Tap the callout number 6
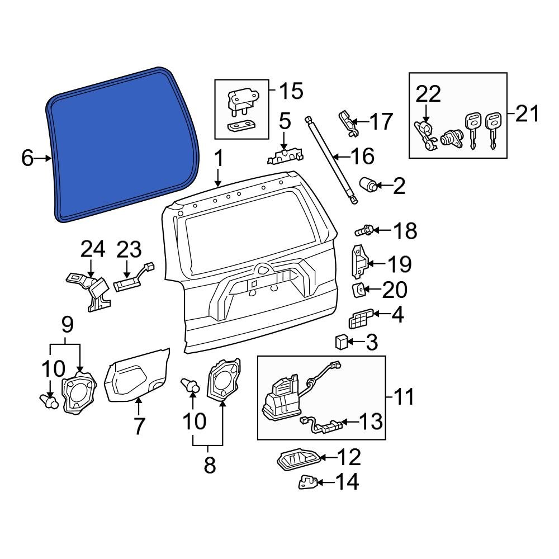pyautogui.click(x=27, y=159)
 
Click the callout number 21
pyautogui.click(x=527, y=114)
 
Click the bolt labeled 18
pyautogui.click(x=363, y=229)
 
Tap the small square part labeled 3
pyautogui.click(x=341, y=340)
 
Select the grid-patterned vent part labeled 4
pyautogui.click(x=359, y=320)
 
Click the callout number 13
pyautogui.click(x=371, y=421)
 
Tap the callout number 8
pyautogui.click(x=209, y=465)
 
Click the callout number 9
pyautogui.click(x=67, y=323)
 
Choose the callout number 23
pyautogui.click(x=129, y=251)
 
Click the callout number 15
pyautogui.click(x=290, y=91)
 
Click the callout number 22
pyautogui.click(x=428, y=94)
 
